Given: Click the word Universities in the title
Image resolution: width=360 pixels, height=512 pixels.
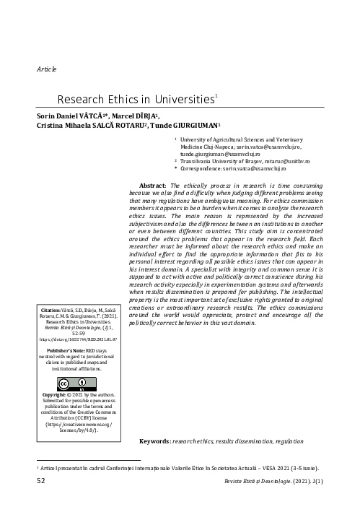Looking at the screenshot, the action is click(178, 100).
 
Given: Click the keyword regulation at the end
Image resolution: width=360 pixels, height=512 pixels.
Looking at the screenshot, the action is click(281, 440).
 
